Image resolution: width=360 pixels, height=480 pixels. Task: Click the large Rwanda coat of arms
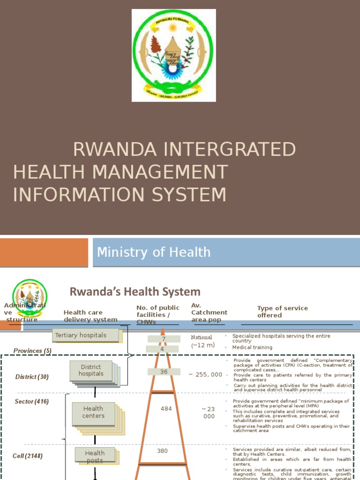click(x=173, y=55)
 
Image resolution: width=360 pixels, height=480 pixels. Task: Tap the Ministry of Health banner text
click(x=154, y=252)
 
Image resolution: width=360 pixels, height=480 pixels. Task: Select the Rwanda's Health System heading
click(x=135, y=292)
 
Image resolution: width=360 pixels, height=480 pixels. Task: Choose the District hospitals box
click(x=91, y=370)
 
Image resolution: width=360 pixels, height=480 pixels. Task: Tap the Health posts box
click(x=95, y=456)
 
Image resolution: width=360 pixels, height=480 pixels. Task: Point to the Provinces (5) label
click(x=32, y=351)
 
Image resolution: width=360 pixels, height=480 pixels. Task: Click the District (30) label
click(x=32, y=377)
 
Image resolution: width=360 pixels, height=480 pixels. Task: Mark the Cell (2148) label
click(x=28, y=456)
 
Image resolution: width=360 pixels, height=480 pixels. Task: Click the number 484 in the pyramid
click(x=166, y=409)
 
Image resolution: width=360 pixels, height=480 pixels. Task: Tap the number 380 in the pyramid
click(x=162, y=451)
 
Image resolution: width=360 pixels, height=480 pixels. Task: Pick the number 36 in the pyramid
click(x=164, y=372)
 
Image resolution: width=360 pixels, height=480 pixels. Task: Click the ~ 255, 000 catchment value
click(x=205, y=375)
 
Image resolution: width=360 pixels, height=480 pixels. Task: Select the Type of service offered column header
click(x=282, y=312)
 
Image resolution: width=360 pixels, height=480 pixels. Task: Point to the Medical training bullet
click(x=252, y=347)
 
